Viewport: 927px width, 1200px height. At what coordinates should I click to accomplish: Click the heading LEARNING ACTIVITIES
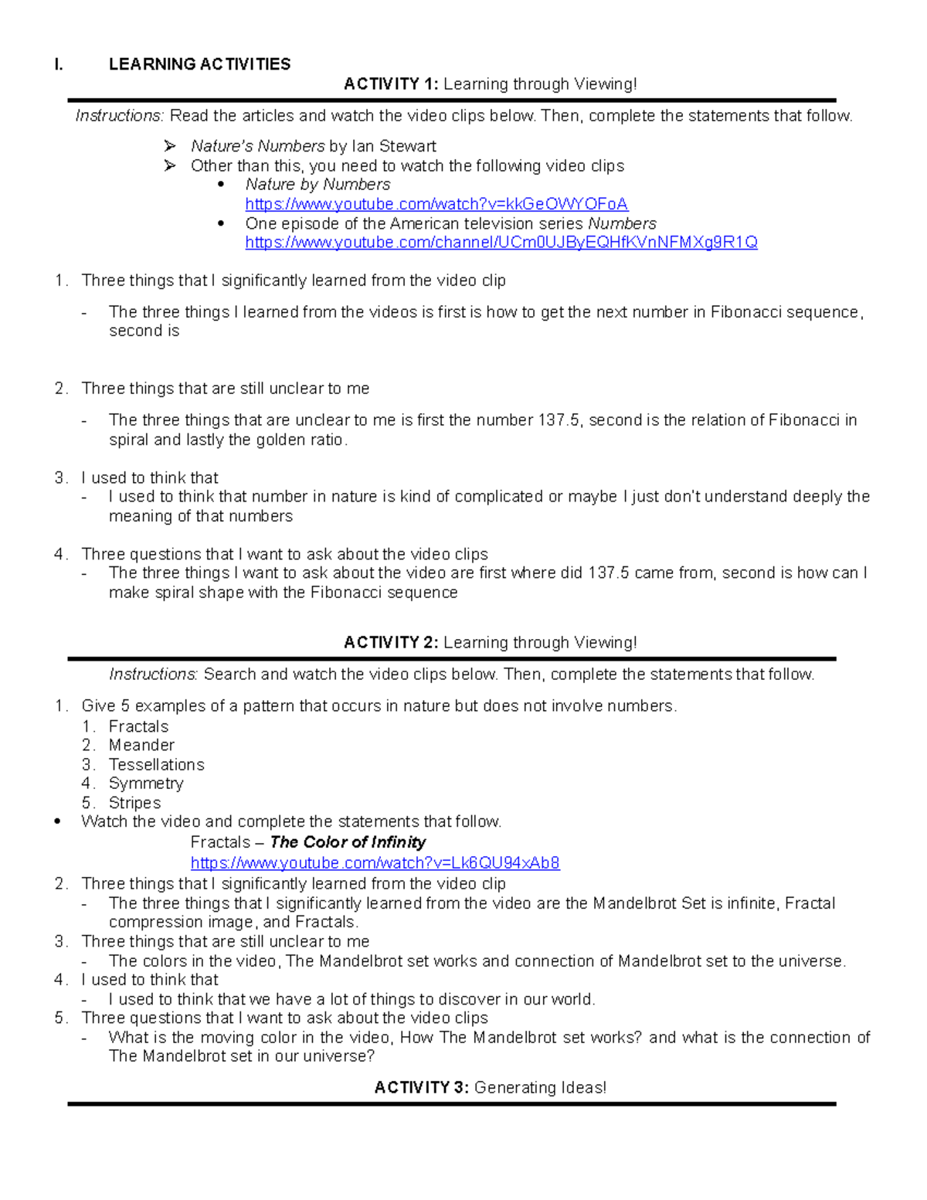click(199, 64)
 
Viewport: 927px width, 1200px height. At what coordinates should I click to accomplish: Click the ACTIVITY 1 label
click(391, 84)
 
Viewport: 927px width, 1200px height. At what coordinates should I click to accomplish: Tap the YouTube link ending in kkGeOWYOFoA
click(436, 204)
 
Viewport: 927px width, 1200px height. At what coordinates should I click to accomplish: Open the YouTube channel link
click(501, 243)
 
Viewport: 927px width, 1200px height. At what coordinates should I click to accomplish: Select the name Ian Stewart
click(394, 146)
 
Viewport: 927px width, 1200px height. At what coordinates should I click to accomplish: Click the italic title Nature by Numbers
click(317, 185)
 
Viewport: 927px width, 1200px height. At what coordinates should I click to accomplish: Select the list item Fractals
click(138, 726)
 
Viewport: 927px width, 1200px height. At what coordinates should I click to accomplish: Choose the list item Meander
click(141, 746)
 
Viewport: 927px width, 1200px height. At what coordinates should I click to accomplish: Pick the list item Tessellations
click(156, 765)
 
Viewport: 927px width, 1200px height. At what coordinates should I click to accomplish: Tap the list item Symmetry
click(146, 784)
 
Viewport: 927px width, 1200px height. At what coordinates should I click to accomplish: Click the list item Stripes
click(134, 803)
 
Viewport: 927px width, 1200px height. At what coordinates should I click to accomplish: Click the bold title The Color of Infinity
click(348, 842)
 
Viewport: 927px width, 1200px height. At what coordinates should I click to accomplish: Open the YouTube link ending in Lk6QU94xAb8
click(375, 863)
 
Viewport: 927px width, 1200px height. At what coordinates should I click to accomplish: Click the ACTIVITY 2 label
click(391, 643)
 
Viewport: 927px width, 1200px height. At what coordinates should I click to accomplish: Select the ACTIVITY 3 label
click(422, 1088)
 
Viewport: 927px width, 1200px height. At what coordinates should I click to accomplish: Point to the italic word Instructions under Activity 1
click(119, 116)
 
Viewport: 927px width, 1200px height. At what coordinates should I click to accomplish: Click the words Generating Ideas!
click(540, 1088)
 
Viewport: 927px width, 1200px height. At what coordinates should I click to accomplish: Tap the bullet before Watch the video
click(58, 822)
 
